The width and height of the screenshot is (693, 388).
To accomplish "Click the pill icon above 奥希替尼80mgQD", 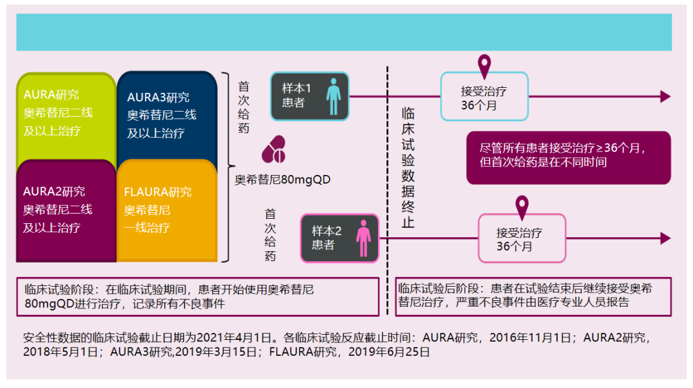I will [274, 150].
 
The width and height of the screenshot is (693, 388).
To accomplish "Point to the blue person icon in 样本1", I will [333, 96].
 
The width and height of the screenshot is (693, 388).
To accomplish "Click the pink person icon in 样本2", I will [364, 238].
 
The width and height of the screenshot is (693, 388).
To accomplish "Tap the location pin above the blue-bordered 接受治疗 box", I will [484, 64].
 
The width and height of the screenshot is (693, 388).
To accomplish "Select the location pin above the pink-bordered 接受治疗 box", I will [522, 206].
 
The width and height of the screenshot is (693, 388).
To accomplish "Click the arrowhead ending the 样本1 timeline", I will [665, 97].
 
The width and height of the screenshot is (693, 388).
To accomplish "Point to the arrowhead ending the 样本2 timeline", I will [665, 239].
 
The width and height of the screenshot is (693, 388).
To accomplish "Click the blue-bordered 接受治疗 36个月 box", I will [484, 97].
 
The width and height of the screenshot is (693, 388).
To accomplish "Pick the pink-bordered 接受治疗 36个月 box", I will [522, 239].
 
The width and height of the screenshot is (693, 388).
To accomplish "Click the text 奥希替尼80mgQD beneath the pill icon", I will [282, 180].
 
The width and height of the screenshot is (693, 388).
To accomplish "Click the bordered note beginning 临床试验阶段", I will [197, 297].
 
